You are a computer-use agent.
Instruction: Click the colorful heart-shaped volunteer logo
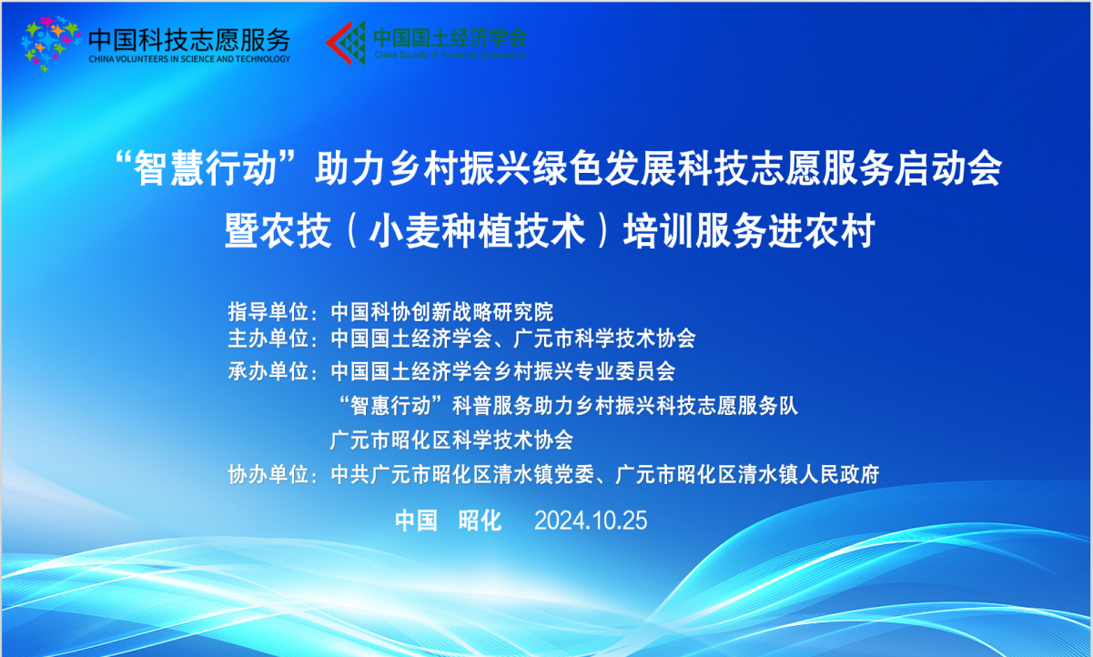(51, 42)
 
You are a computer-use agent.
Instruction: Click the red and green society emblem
(346, 42)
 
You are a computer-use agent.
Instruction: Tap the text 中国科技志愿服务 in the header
(189, 37)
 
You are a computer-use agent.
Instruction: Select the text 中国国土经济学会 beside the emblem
(450, 36)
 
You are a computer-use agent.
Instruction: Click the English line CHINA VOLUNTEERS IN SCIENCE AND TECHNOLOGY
(189, 59)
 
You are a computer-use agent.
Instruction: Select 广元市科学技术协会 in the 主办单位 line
(604, 339)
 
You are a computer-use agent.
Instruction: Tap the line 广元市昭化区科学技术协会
(451, 440)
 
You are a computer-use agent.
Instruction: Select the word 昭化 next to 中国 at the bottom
(480, 521)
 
